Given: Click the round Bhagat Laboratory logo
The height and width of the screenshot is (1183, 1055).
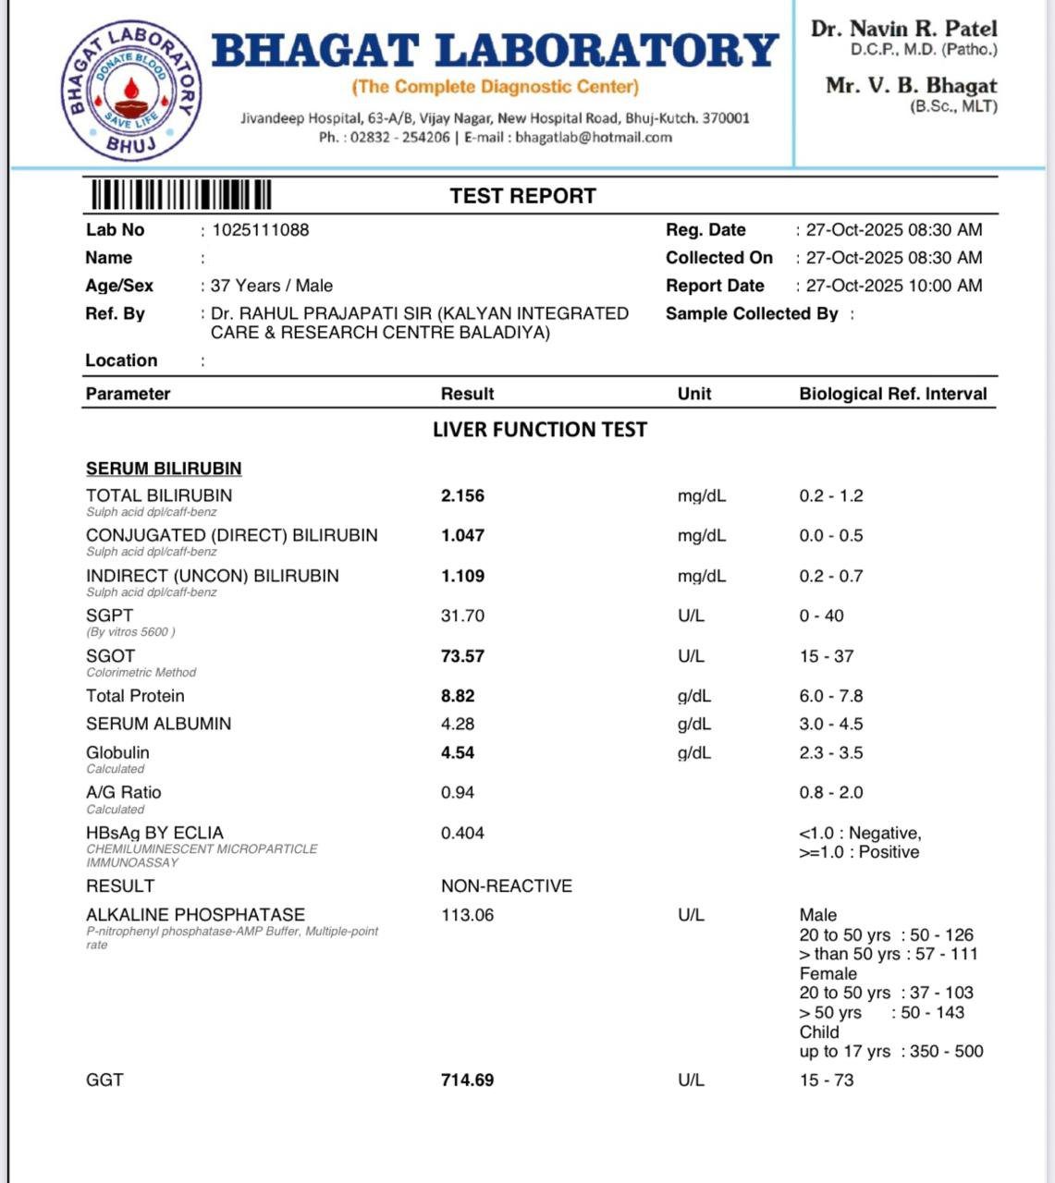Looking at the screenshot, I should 131,90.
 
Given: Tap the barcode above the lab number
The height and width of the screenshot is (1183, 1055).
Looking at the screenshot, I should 180,196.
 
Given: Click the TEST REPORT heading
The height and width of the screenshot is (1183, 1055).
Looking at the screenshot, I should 522,196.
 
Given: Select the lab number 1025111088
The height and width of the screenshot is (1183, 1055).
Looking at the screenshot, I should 261,230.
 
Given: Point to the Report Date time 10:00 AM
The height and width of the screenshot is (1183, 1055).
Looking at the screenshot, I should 945,286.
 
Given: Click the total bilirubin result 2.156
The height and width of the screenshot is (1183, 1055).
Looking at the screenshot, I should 462,496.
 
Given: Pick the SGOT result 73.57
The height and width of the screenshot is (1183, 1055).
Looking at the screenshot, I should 462,656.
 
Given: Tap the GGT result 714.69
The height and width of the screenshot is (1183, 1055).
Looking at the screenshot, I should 467,1080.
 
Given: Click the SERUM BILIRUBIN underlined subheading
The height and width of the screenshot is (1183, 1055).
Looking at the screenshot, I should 164,469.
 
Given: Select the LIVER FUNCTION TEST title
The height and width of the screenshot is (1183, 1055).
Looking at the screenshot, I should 540,430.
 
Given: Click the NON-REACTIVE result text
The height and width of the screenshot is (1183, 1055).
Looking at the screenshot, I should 507,886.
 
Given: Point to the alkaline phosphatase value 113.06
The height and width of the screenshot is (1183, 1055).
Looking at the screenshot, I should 467,915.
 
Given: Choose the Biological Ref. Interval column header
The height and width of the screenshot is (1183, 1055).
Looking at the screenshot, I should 892,394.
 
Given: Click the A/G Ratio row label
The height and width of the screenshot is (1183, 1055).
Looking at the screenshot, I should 123,792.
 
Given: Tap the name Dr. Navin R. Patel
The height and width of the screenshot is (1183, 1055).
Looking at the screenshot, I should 903,29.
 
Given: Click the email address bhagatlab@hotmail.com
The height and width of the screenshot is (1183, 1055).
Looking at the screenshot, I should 594,138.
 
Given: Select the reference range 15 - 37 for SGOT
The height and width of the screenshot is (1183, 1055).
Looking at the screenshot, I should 826,656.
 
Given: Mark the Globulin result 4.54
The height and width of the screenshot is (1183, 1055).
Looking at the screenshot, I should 458,753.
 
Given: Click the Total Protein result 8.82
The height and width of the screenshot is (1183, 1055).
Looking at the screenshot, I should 458,696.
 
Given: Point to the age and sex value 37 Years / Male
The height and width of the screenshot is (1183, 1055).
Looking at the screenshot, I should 272,286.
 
